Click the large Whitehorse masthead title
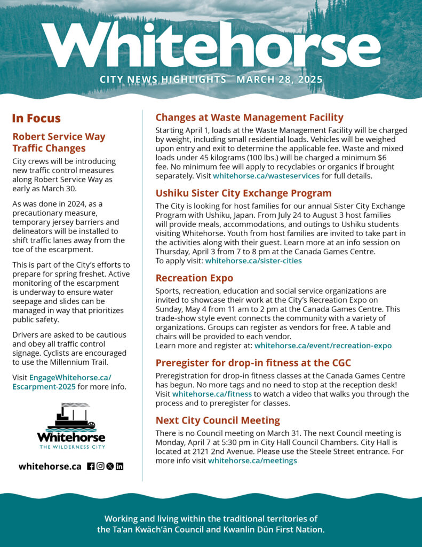pos(211,45)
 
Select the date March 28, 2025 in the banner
pos(280,80)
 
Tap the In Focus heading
pos(36,119)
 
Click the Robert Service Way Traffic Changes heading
pos(59,142)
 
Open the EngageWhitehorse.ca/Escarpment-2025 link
pos(62,382)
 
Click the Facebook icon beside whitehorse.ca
pos(91,466)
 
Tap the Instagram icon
pos(100,466)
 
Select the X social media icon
pos(110,466)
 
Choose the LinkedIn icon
pos(120,466)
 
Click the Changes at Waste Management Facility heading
pos(249,118)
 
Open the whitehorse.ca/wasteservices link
pos(266,175)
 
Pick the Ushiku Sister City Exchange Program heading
pos(243,193)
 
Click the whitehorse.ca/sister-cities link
pos(253,261)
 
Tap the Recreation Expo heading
pos(194,278)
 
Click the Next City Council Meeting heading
pos(218,420)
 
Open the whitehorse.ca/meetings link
pos(252,460)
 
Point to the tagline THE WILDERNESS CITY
pos(71,447)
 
